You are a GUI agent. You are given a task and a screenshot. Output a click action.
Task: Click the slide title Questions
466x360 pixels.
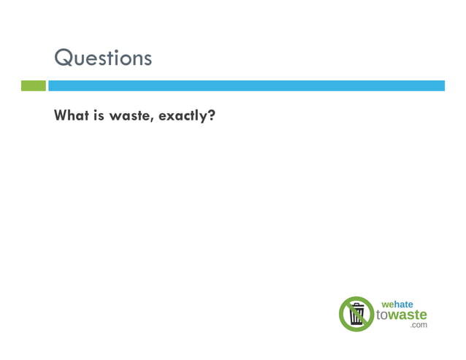[103, 58]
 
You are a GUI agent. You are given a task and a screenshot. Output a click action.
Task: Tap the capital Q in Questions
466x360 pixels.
[64, 58]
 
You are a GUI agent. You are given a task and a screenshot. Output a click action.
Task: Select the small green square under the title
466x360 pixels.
[33, 85]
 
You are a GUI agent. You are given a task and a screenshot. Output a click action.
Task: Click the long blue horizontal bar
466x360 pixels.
[246, 85]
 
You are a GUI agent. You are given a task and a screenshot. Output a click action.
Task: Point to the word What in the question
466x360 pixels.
[71, 115]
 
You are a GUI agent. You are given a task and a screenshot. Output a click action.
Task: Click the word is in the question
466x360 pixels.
[98, 115]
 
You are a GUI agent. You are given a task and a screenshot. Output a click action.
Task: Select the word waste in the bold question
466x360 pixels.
[129, 115]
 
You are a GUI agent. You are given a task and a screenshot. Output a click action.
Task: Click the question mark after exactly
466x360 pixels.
[210, 115]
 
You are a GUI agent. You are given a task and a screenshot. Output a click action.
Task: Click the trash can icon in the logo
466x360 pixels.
[357, 314]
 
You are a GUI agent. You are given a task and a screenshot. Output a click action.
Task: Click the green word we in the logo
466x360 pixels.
[388, 305]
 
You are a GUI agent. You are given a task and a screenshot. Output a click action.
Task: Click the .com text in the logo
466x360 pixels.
[419, 325]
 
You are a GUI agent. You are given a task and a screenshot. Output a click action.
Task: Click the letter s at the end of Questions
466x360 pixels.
[148, 58]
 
